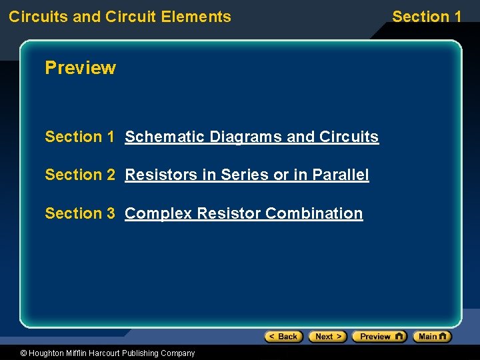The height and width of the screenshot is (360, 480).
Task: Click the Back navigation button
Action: tap(283, 337)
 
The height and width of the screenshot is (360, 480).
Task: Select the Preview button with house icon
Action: tap(379, 337)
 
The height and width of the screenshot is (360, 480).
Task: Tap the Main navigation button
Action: tap(432, 337)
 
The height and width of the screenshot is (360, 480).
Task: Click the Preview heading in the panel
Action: tap(80, 68)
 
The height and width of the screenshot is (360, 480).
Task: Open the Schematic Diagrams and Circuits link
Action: tap(251, 137)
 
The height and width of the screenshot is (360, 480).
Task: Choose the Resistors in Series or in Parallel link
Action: tap(247, 175)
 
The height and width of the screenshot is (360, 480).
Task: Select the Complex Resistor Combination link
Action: tap(243, 213)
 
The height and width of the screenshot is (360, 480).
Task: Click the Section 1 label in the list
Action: tap(79, 137)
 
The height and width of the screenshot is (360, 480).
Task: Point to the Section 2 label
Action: tap(79, 175)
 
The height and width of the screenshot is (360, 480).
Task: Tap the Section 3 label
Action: tap(79, 213)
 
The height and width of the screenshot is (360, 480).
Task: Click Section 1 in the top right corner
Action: tap(427, 17)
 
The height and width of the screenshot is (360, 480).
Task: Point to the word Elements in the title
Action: tap(201, 17)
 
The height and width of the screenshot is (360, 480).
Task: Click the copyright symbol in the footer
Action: tap(24, 353)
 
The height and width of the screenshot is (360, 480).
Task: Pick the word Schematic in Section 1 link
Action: tap(165, 137)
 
